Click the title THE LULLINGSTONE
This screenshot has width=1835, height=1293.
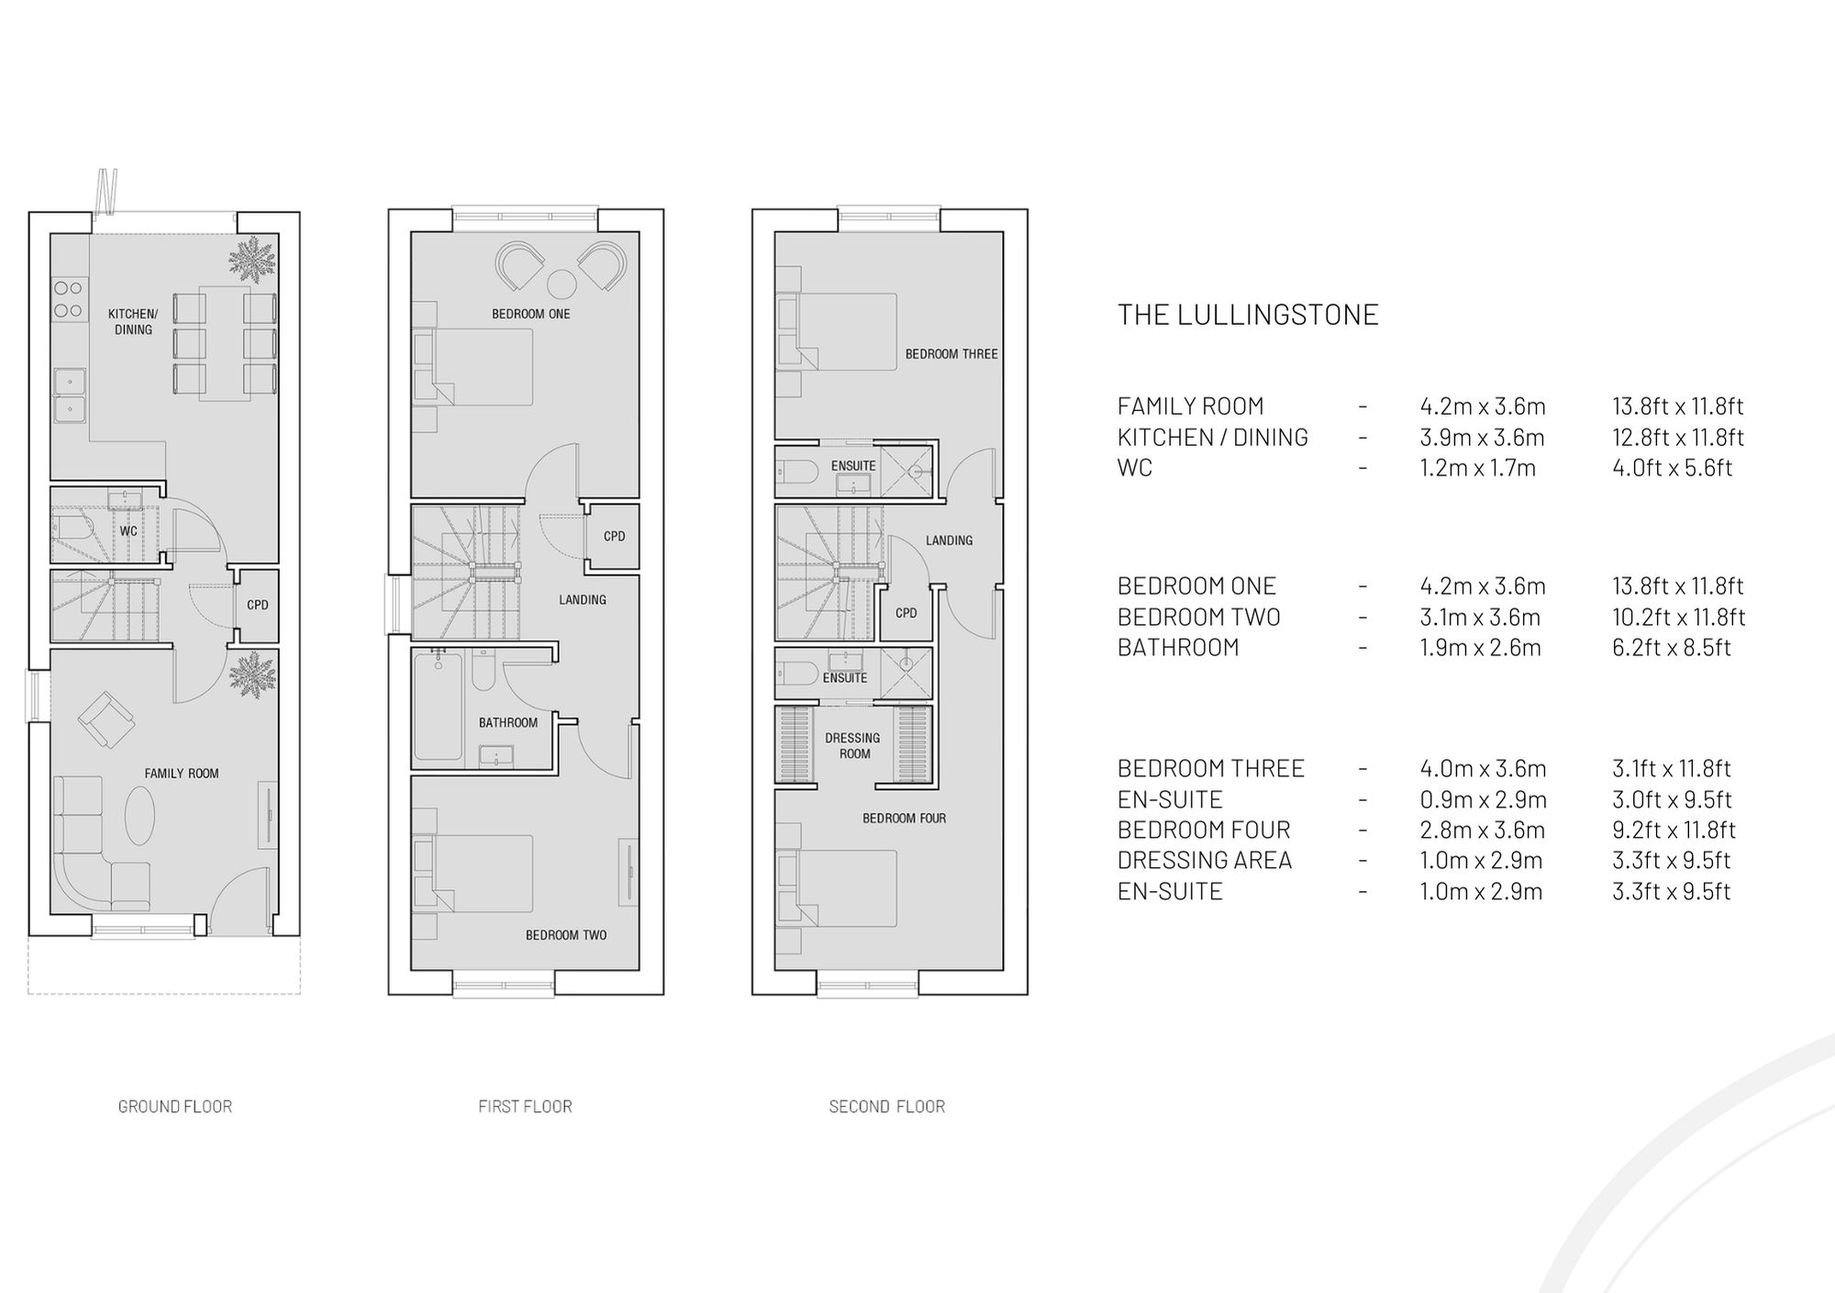[1248, 315]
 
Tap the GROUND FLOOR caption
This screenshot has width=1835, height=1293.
[174, 1107]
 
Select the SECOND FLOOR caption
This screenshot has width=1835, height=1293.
[886, 1107]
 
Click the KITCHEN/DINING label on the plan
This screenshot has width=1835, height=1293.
[133, 322]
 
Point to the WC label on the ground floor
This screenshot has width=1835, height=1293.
[128, 531]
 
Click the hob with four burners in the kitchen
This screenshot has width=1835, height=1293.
[68, 299]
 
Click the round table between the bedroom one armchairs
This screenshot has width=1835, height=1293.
[562, 284]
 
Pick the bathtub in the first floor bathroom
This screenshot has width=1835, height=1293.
[438, 708]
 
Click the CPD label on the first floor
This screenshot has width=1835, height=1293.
[614, 537]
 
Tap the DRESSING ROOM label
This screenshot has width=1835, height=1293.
[853, 745]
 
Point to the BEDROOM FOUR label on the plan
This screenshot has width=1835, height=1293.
[904, 819]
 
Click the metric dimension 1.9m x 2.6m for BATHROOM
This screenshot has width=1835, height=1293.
[1480, 648]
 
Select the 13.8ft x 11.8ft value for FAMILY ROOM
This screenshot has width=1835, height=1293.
[1677, 407]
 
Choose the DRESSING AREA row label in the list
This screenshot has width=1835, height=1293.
[1204, 861]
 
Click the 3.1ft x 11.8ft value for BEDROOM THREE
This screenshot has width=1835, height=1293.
[1671, 769]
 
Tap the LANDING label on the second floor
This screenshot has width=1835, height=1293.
[949, 541]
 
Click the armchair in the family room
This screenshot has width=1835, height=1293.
[107, 719]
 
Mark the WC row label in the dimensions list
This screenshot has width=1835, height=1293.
[1134, 468]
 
